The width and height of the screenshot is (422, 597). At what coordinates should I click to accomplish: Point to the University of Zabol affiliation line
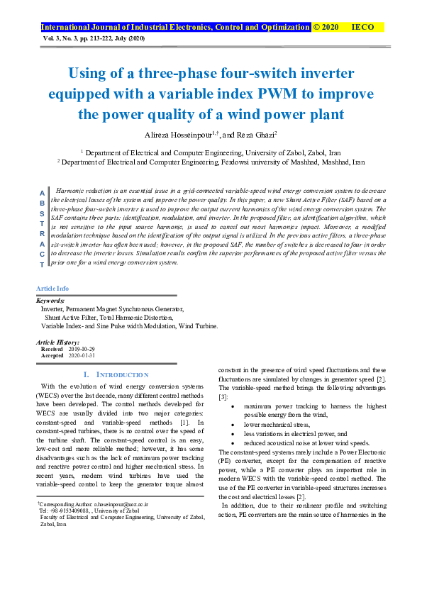tap(211, 152)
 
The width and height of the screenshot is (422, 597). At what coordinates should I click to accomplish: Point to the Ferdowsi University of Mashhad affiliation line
tap(211, 162)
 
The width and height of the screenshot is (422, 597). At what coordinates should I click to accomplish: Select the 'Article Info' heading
tap(52, 288)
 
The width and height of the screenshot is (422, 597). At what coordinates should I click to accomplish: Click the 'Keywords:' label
tap(50, 301)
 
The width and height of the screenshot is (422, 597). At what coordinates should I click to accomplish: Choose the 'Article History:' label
tap(57, 342)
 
